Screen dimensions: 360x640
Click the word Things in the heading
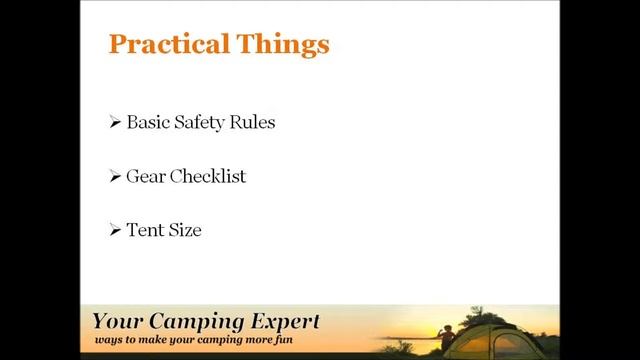pos(282,45)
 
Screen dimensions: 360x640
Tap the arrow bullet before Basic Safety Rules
pos(115,123)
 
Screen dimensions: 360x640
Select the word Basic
pos(148,123)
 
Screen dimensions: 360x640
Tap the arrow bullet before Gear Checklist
pos(115,177)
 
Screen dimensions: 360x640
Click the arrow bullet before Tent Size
pos(115,231)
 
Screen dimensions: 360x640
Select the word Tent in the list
pos(144,231)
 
